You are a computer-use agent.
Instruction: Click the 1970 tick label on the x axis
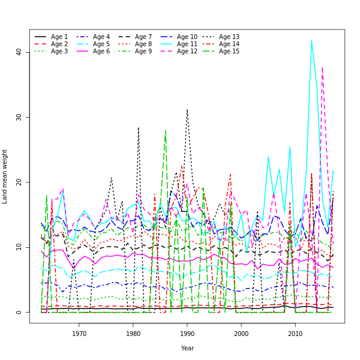coord(79,334)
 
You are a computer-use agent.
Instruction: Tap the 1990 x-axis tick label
coord(187,334)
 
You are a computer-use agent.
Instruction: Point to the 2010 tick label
coord(295,334)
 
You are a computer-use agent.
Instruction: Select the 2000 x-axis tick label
coord(241,334)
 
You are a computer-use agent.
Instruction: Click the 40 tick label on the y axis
coord(19,52)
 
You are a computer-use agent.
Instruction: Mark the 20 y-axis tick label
coord(19,182)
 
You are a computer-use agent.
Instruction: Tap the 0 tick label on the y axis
coord(19,312)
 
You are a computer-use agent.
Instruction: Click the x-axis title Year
coord(187,348)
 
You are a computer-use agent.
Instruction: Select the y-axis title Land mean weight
coord(5,176)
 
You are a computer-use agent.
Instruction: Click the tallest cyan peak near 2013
coord(311,41)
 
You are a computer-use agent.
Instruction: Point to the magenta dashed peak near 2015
coord(322,68)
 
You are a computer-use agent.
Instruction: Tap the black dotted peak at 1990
coord(187,110)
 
